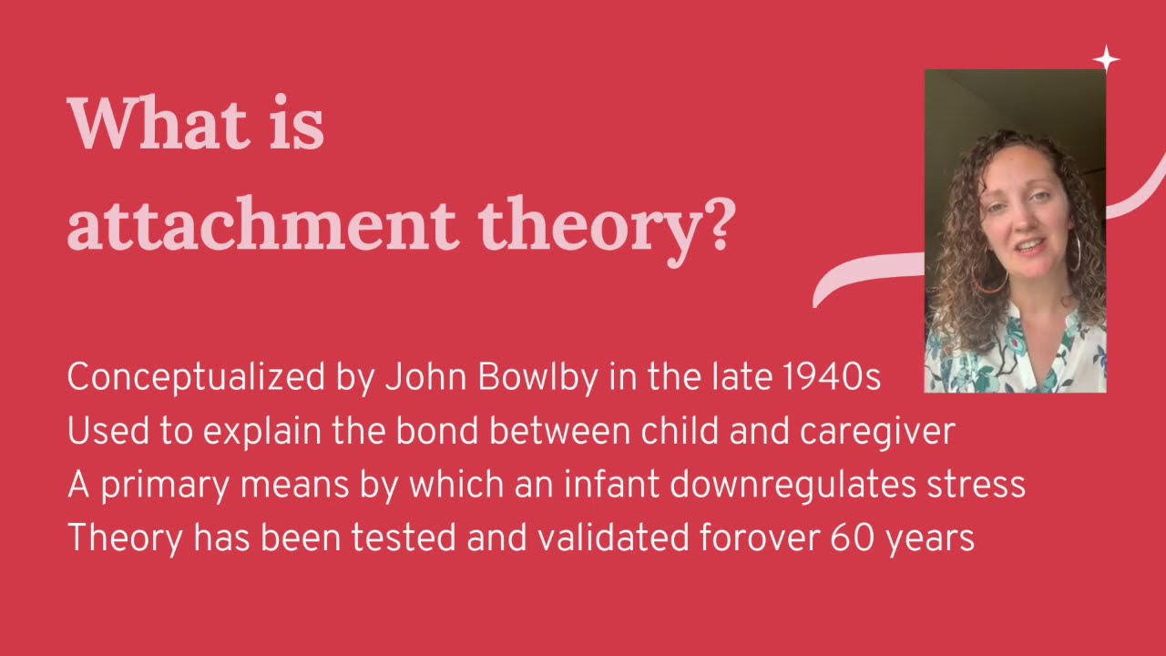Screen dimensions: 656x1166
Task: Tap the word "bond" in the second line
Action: (x=430, y=431)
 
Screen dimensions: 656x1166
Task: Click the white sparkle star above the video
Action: (x=1106, y=59)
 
